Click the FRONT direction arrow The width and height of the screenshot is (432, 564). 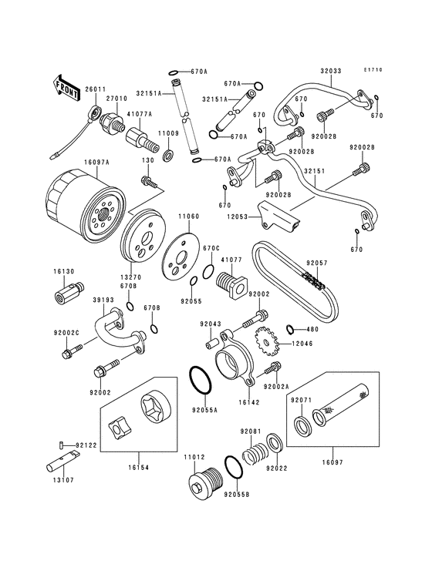click(66, 88)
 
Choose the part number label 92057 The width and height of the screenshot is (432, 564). click(317, 264)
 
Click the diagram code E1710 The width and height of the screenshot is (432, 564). click(373, 70)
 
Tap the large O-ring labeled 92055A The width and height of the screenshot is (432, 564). click(200, 381)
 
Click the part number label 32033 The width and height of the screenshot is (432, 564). click(330, 71)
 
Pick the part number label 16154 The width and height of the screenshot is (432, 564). click(138, 468)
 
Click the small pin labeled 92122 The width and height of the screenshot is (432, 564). click(62, 445)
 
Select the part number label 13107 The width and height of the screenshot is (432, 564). click(63, 480)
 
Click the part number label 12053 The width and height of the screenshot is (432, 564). click(238, 217)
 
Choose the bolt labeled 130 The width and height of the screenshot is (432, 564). click(149, 181)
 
